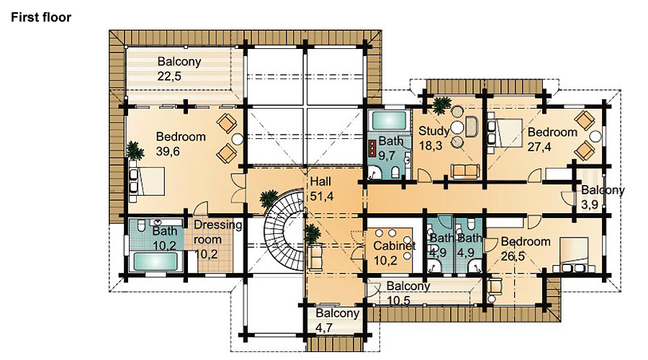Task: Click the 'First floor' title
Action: pos(41,17)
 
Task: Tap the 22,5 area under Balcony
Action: pos(169,76)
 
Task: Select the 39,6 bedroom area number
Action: pos(168,151)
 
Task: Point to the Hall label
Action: pos(320,181)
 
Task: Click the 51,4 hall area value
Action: pos(322,197)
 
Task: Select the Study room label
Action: pos(433,132)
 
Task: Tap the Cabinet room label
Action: pos(395,246)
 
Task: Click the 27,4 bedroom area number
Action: pos(539,147)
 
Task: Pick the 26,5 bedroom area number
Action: pos(513,256)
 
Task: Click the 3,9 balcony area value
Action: pos(590,205)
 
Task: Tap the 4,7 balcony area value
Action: pos(324,328)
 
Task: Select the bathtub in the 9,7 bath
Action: pos(389,121)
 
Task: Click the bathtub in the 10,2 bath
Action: pos(155,261)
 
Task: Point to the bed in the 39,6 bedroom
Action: pos(147,181)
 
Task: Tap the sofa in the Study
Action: pos(465,171)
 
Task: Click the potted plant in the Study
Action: pos(442,105)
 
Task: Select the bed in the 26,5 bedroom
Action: pos(572,255)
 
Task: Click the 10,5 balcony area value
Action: pos(398,300)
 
